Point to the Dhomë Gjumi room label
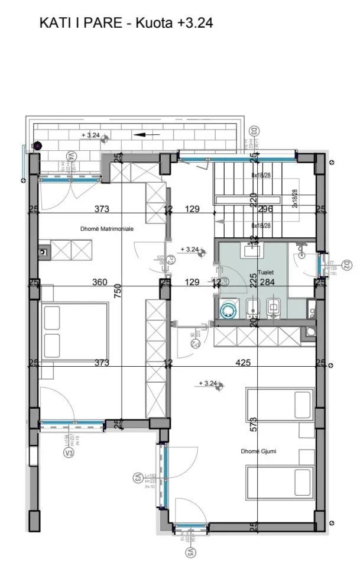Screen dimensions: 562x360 (259, 451)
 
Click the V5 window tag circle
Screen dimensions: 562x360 (190, 553)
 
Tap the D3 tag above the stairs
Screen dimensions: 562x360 (254, 132)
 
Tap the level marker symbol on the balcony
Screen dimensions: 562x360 (105, 138)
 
